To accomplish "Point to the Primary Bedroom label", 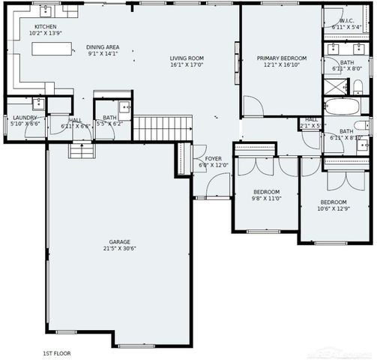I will pyautogui.click(x=280, y=58).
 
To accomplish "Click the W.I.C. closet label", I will pyautogui.click(x=346, y=21).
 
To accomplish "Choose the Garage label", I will pyautogui.click(x=120, y=242).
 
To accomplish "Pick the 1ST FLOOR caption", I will pyautogui.click(x=57, y=352).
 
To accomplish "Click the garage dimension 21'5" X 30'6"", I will pyautogui.click(x=120, y=249).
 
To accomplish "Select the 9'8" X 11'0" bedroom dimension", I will pyautogui.click(x=265, y=198).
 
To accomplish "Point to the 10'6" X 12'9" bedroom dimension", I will pyautogui.click(x=334, y=209).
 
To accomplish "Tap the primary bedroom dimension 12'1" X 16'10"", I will pyautogui.click(x=280, y=64).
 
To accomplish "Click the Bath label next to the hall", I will pyautogui.click(x=109, y=118).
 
